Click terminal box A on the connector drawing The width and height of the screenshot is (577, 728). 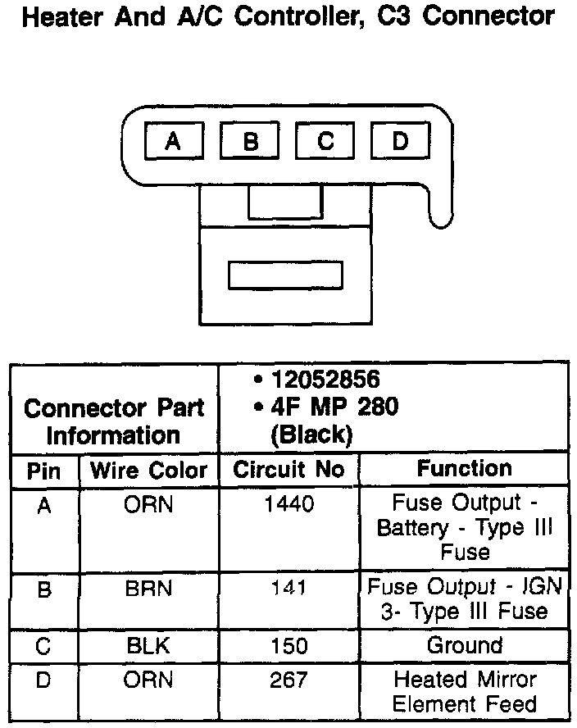(x=174, y=142)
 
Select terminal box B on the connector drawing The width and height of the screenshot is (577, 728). (x=250, y=142)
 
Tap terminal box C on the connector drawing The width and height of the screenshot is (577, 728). (x=325, y=141)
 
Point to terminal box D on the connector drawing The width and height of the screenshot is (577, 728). (x=400, y=141)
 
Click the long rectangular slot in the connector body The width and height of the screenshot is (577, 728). (x=285, y=275)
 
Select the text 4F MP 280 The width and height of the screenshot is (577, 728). (x=334, y=407)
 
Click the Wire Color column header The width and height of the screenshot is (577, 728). (x=148, y=471)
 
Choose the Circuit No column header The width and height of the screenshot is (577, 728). (x=288, y=470)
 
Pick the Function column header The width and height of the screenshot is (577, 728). (x=464, y=468)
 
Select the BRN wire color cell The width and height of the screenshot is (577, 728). (x=148, y=588)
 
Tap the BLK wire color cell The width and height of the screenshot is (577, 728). (x=148, y=645)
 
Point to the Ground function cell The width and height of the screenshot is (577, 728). (x=464, y=644)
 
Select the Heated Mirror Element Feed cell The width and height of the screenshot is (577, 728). (x=464, y=691)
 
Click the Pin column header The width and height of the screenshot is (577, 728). (x=44, y=471)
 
